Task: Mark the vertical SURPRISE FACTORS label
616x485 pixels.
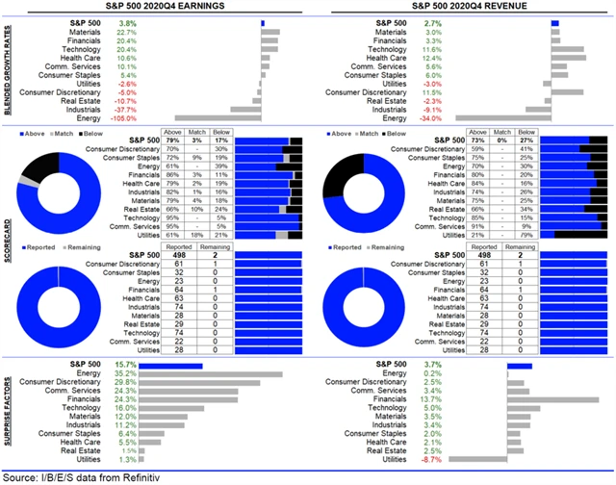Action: (8, 413)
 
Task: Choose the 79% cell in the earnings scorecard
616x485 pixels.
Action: (172, 140)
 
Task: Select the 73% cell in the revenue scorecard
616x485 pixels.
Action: (476, 140)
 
